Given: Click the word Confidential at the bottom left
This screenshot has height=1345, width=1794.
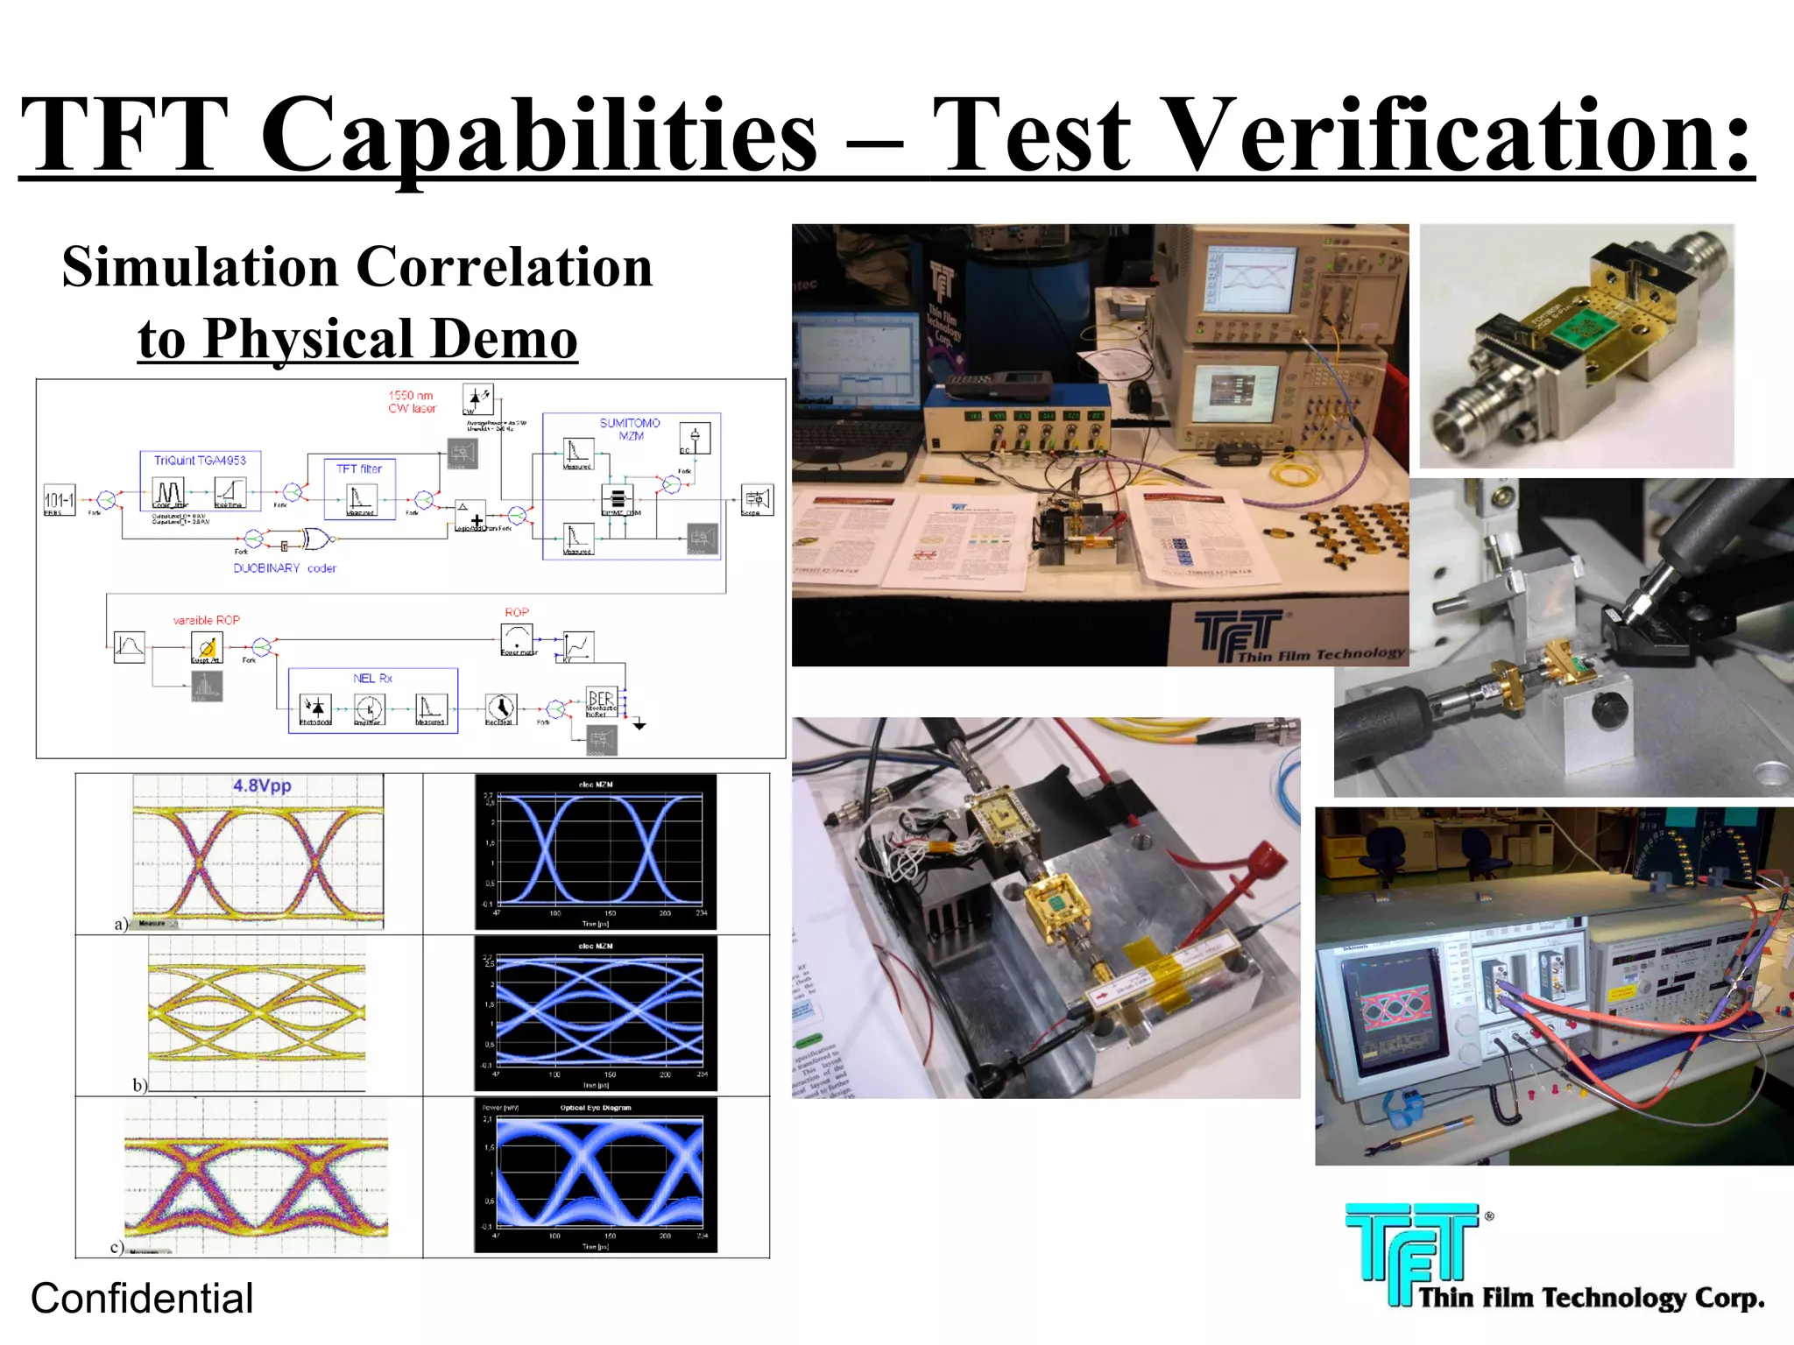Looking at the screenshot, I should (142, 1298).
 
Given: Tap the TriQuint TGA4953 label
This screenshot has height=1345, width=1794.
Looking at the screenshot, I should (200, 461).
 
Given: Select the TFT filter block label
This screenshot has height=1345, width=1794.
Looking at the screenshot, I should (359, 468).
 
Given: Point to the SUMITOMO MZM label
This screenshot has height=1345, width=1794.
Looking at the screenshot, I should (630, 429).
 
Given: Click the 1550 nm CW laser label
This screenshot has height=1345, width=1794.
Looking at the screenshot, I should (412, 402).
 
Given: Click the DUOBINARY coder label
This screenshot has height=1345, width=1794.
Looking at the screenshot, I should (285, 568).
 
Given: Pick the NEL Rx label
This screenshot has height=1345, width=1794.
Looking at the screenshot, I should (372, 678).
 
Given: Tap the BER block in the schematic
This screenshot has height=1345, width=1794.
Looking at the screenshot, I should (602, 701).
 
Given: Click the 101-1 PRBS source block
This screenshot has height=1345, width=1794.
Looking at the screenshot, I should (60, 499).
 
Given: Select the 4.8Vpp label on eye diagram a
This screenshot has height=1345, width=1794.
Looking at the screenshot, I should (262, 785).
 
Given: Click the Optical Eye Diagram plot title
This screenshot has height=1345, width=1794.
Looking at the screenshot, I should (596, 1108).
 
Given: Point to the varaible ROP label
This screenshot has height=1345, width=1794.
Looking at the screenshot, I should (207, 620).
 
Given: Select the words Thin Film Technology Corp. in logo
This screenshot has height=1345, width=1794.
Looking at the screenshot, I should (1591, 1297).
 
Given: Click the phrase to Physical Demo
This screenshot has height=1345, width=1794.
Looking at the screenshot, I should (357, 339).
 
